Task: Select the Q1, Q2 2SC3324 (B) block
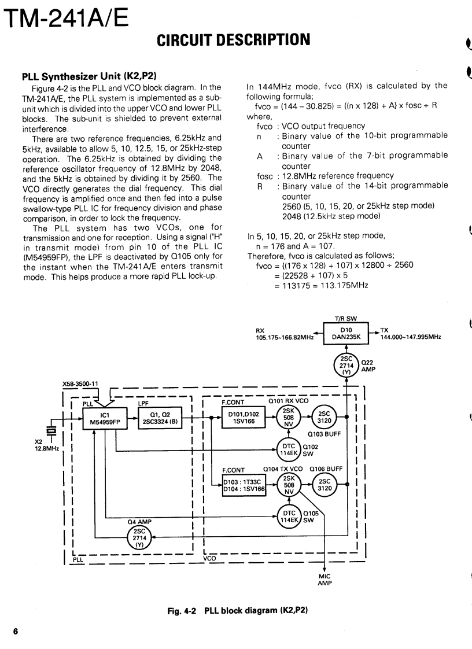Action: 158,418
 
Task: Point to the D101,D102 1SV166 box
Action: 244,418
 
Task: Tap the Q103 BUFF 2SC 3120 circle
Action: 324,418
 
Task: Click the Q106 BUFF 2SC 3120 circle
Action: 324,485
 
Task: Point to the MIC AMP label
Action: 325,580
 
